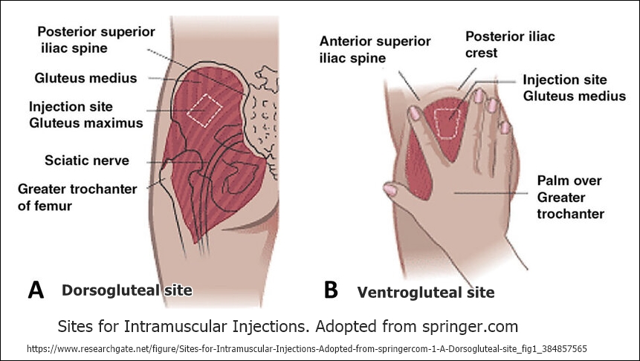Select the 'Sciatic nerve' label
pyautogui.click(x=76, y=160)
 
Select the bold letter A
pyautogui.click(x=36, y=290)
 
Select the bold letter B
pyautogui.click(x=332, y=290)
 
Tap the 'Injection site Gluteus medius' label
pyautogui.click(x=574, y=88)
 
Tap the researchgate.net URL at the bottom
pyautogui.click(x=306, y=348)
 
